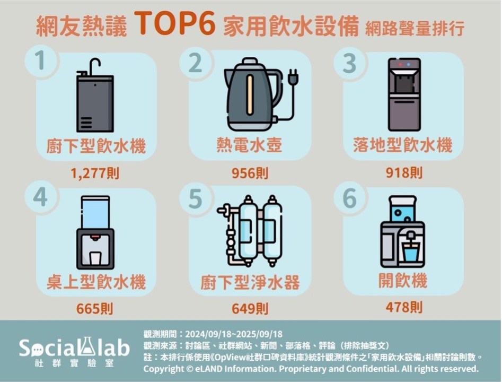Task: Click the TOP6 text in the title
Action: pyautogui.click(x=175, y=23)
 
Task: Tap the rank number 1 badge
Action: pyautogui.click(x=40, y=61)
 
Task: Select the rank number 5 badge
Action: pyautogui.click(x=195, y=198)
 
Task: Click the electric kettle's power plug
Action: pyautogui.click(x=294, y=77)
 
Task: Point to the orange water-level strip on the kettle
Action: pyautogui.click(x=249, y=95)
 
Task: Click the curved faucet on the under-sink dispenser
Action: pyautogui.click(x=94, y=66)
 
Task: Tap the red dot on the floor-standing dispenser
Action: pyautogui.click(x=401, y=64)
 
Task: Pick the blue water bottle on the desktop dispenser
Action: pyautogui.click(x=95, y=212)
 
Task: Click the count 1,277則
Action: pyautogui.click(x=95, y=173)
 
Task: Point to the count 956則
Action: pyautogui.click(x=250, y=173)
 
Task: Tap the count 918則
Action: pyautogui.click(x=404, y=173)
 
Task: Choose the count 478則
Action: pyautogui.click(x=404, y=307)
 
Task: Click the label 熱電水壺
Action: pyautogui.click(x=249, y=145)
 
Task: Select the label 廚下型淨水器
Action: pyautogui.click(x=250, y=282)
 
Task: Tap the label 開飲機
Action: pyautogui.click(x=403, y=281)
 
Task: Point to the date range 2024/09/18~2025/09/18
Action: pyautogui.click(x=234, y=334)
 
